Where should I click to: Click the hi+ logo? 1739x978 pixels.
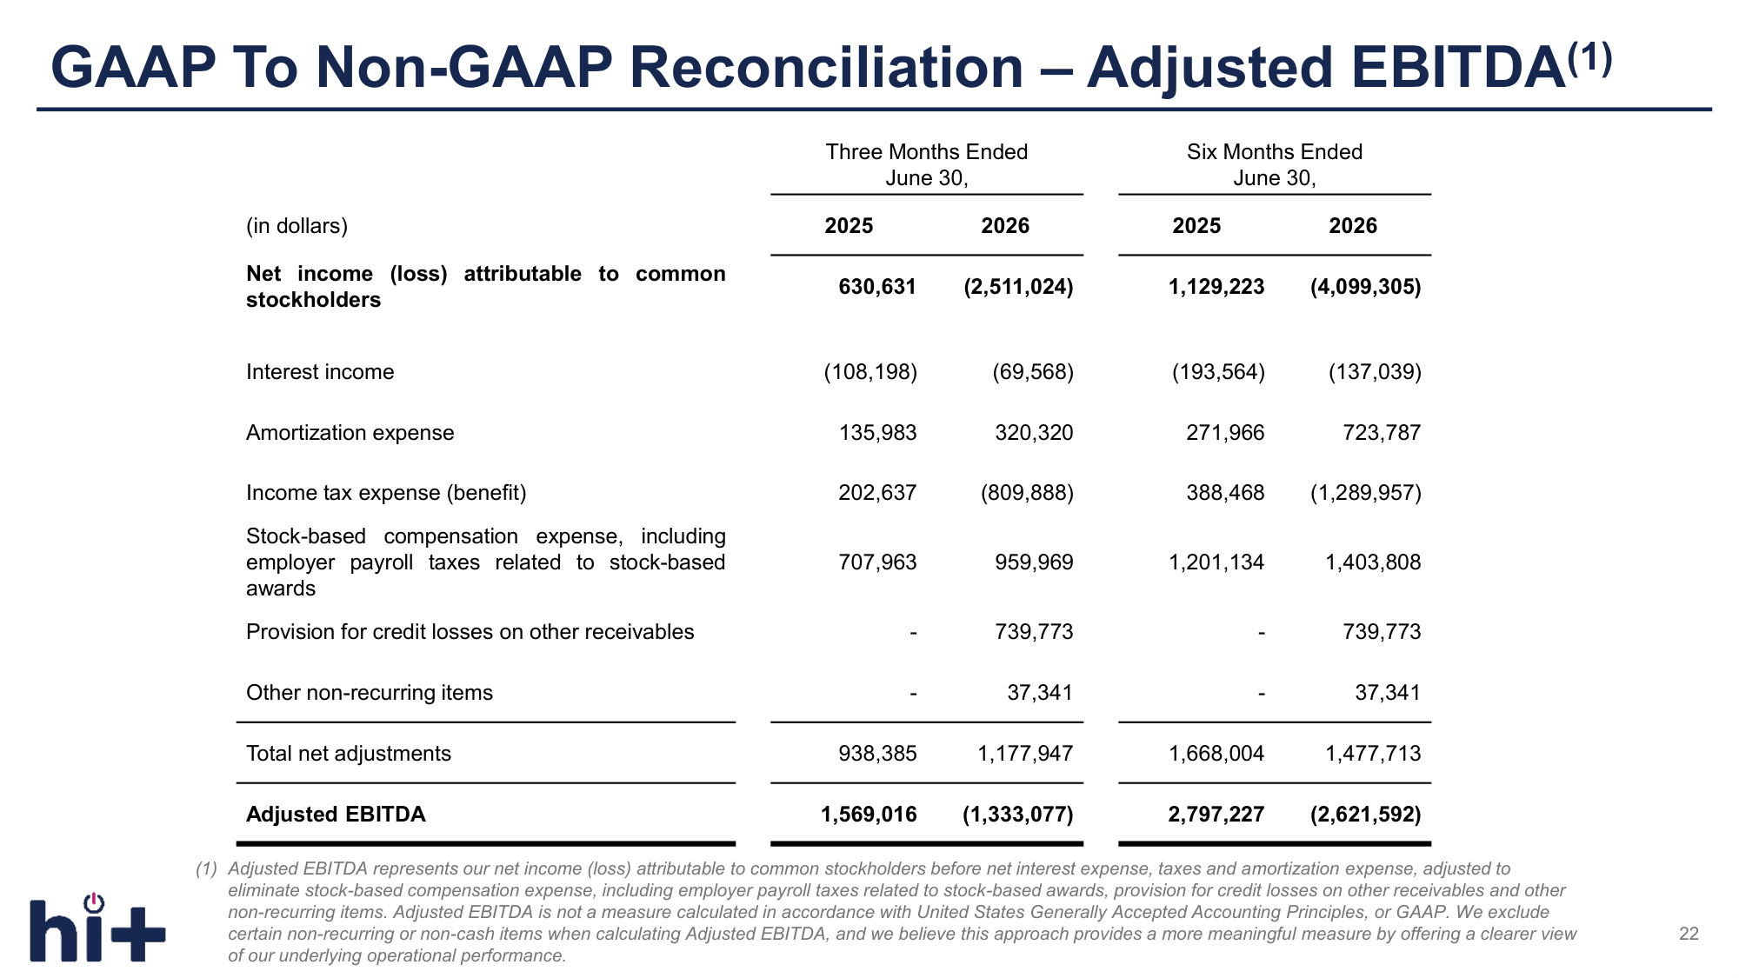point(97,928)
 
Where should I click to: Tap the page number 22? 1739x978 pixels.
point(1689,934)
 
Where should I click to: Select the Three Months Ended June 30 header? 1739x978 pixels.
point(927,165)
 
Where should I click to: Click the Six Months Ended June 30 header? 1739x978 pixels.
point(1275,165)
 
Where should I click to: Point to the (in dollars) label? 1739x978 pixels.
point(296,226)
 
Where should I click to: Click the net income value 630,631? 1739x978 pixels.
point(877,287)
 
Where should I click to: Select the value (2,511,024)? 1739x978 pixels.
point(1018,287)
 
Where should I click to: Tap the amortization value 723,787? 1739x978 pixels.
point(1382,433)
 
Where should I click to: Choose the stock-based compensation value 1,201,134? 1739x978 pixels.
point(1216,562)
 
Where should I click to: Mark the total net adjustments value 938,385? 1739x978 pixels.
point(877,754)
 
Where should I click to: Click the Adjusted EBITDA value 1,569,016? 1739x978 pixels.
point(869,815)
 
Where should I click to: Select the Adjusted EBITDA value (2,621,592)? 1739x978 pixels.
point(1366,815)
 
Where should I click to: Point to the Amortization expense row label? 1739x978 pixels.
point(350,433)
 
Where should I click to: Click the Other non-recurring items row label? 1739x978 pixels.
point(370,693)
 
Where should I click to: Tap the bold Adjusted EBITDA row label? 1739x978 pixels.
point(336,815)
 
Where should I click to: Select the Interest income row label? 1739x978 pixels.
point(320,372)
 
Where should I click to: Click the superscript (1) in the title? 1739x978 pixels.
point(1590,58)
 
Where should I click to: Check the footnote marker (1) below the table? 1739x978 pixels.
point(206,868)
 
